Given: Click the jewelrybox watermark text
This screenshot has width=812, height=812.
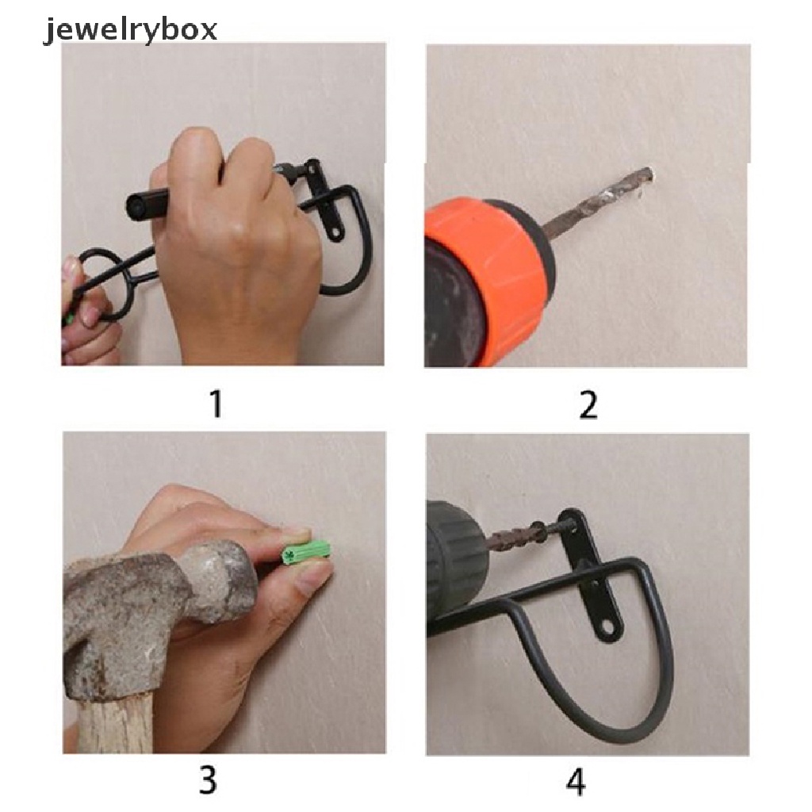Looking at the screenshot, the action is coord(129,29).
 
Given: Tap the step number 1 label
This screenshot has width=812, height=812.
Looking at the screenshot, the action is coord(216,404).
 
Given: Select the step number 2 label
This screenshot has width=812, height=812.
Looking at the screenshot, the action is coord(588,404).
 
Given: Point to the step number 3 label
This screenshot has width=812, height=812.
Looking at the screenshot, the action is coord(208,780).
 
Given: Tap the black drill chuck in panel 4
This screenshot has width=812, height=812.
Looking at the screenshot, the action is coord(457,565).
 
